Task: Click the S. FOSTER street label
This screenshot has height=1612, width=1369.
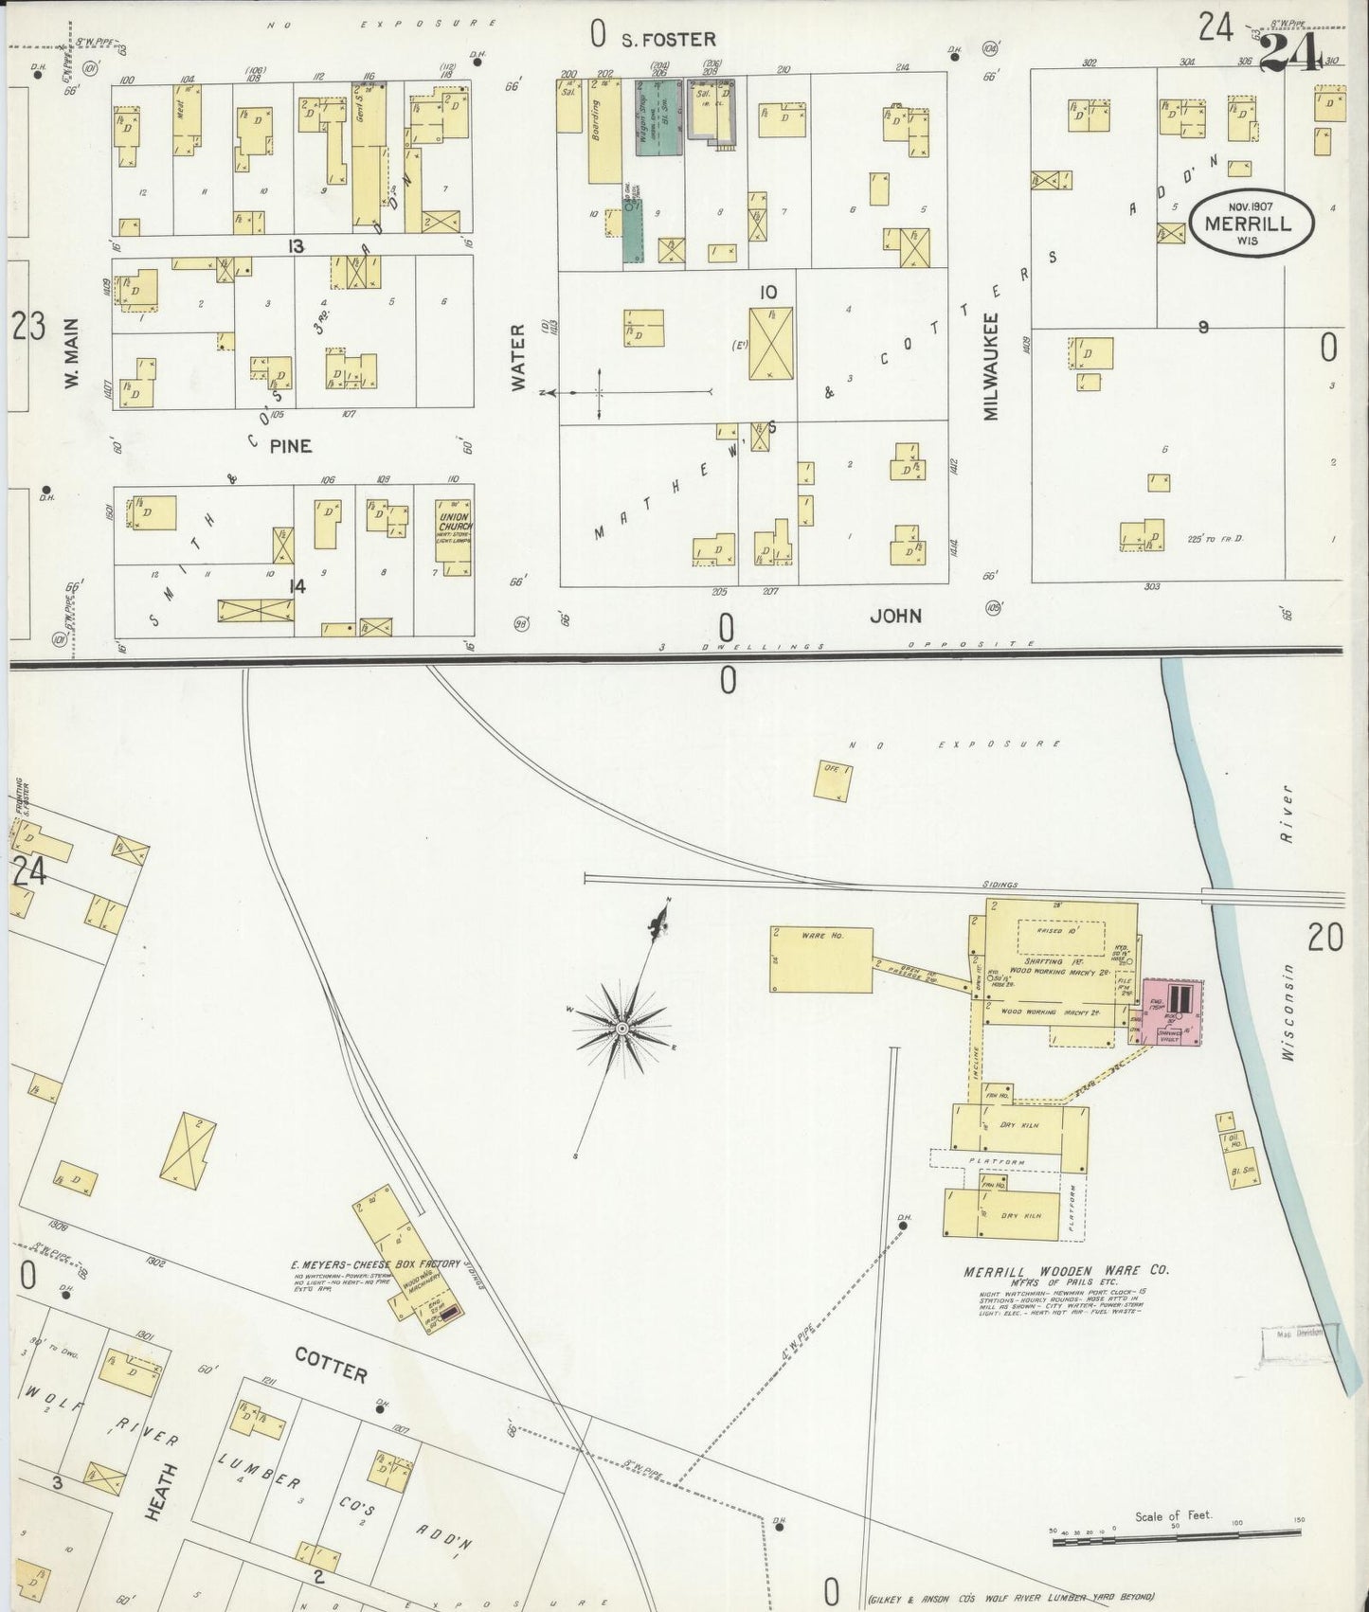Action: click(667, 40)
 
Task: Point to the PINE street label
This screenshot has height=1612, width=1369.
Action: click(290, 445)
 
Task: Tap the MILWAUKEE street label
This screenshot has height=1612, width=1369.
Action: click(990, 366)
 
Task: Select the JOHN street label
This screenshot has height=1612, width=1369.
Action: click(894, 616)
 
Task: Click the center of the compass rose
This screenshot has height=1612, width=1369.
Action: click(621, 1028)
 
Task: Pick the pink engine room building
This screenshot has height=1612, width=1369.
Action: click(1173, 1012)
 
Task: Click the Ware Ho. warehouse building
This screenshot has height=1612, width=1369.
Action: click(820, 958)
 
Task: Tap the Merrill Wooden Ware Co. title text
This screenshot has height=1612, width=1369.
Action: click(1066, 1271)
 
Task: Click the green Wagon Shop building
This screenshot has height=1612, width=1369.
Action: click(657, 117)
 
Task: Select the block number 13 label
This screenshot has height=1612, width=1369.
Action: click(297, 246)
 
